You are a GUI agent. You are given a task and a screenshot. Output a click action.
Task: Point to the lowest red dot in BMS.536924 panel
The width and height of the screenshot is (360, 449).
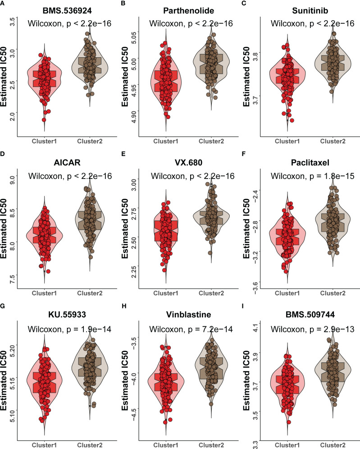pyautogui.click(x=44, y=119)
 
